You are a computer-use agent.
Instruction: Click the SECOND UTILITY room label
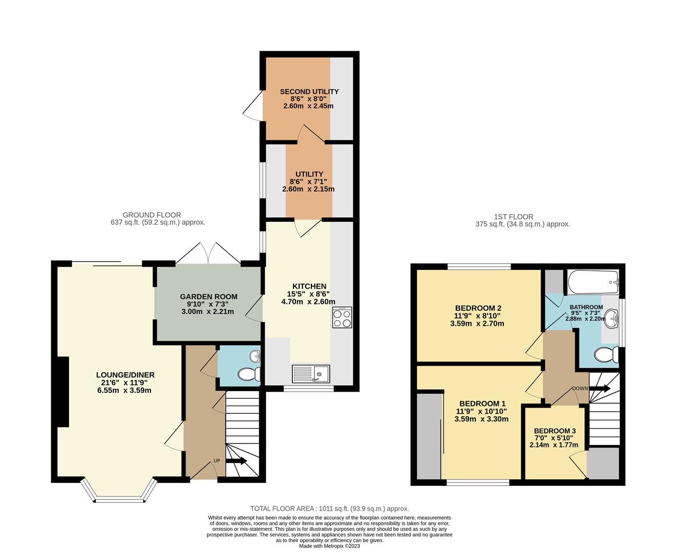309,92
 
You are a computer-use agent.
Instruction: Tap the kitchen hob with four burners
342,317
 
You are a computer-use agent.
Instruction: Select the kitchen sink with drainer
311,374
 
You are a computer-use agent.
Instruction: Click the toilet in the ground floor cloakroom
249,374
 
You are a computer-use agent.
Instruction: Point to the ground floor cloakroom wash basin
255,356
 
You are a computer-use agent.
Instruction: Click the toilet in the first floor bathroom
608,354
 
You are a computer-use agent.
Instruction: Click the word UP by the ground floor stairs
217,461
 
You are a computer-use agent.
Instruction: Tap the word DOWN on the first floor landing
580,388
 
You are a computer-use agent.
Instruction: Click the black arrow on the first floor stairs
600,389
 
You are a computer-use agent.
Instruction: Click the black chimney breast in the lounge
62,391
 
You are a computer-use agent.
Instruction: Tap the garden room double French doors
208,254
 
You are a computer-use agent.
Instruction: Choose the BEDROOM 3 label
555,431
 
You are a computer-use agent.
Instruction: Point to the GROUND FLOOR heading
152,215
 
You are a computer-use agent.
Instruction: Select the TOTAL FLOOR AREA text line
329,508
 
